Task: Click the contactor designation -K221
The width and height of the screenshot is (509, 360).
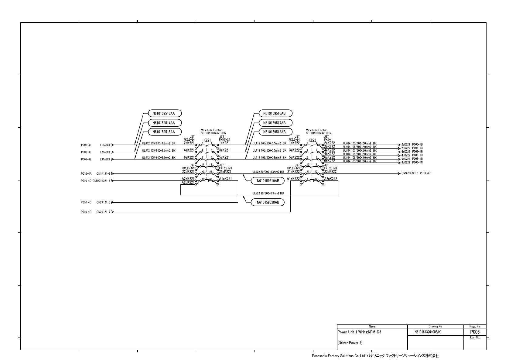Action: [x=206, y=140]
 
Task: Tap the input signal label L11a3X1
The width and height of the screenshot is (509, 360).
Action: [x=105, y=145]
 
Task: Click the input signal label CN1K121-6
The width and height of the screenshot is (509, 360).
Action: [x=104, y=174]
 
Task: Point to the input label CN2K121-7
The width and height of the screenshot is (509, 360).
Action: [x=104, y=212]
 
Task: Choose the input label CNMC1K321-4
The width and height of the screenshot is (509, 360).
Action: [x=101, y=181]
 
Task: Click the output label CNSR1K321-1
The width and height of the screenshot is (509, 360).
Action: [x=410, y=173]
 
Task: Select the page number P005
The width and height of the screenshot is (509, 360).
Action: [x=475, y=332]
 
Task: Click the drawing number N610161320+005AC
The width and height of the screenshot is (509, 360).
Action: [x=428, y=332]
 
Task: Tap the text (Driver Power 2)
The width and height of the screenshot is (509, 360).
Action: [x=350, y=343]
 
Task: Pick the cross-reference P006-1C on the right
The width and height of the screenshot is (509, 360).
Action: [x=418, y=163]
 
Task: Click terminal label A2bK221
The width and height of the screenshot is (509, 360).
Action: [x=188, y=182]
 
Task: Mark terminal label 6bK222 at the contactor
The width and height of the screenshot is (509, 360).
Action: [x=329, y=161]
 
